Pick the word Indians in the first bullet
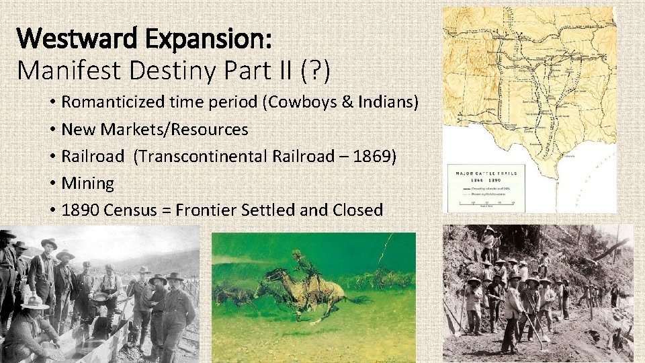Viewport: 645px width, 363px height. coord(385,103)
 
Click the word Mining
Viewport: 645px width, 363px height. coord(87,184)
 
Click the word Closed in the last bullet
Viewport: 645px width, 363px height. coord(357,210)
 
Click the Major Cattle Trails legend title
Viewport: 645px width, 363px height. coord(486,174)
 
